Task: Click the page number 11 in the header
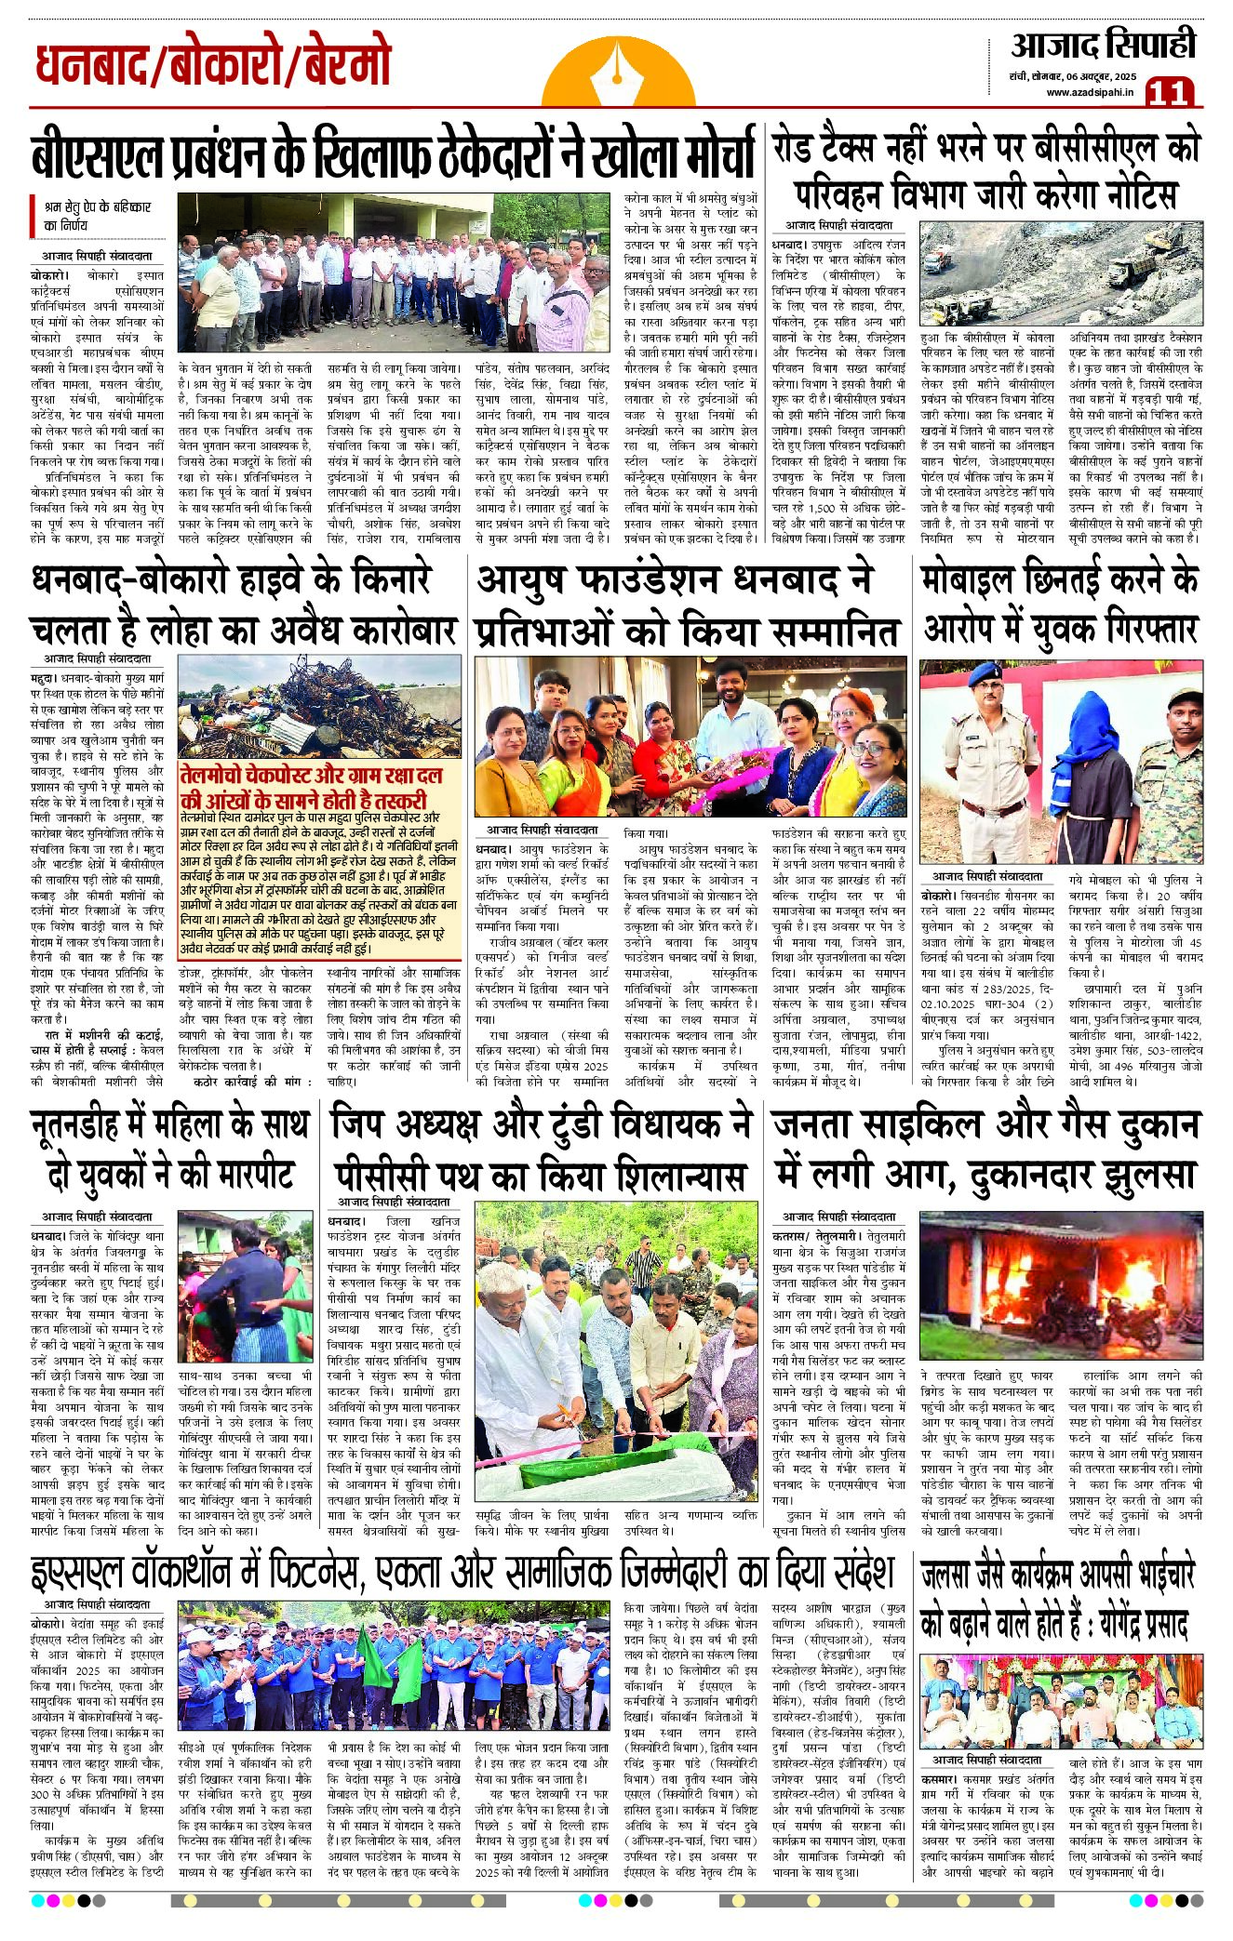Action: (x=1170, y=91)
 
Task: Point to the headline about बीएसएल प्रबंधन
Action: (x=392, y=154)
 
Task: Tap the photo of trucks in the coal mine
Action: (x=1060, y=272)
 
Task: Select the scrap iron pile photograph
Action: (x=319, y=706)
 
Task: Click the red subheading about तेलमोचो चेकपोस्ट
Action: (x=312, y=787)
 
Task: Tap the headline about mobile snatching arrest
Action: (x=1060, y=604)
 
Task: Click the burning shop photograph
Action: (x=1060, y=1287)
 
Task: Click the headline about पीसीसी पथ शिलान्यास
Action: (x=541, y=1150)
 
